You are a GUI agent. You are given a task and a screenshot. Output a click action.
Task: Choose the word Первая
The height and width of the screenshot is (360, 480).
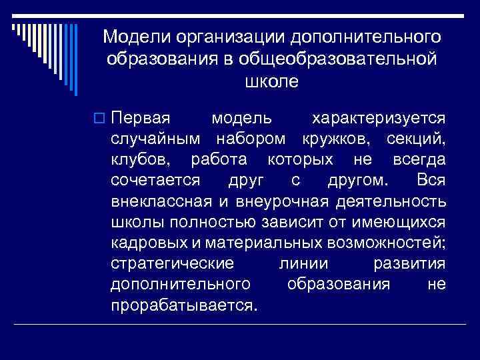pos(141,119)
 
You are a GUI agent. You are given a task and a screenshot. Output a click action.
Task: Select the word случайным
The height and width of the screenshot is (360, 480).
pos(154,139)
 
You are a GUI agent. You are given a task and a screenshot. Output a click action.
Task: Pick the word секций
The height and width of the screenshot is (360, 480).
pos(416,139)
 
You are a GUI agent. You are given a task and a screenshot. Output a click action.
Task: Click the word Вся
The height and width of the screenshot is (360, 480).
pos(430,181)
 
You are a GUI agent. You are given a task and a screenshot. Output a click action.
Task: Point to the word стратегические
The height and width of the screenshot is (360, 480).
pos(172,263)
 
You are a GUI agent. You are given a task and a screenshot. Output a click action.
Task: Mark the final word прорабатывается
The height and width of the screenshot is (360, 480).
pos(183,305)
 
